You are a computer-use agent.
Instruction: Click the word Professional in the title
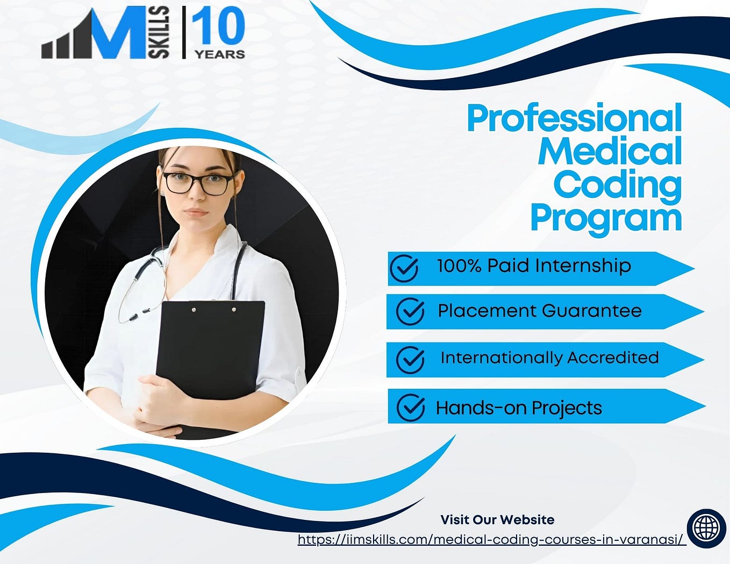click(574, 118)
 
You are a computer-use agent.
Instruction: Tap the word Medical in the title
click(610, 151)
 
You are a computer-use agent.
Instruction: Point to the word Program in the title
click(606, 218)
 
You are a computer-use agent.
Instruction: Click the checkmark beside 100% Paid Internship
click(404, 268)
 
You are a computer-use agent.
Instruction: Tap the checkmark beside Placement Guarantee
click(410, 311)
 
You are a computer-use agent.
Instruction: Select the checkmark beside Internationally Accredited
click(410, 359)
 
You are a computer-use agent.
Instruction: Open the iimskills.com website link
click(492, 539)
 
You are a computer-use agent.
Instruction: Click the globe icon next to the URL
click(706, 528)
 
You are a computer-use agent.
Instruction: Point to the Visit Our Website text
click(497, 519)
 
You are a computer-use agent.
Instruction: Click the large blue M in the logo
click(116, 33)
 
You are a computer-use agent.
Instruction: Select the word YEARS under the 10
click(219, 54)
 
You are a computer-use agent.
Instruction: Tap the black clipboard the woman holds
click(210, 349)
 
